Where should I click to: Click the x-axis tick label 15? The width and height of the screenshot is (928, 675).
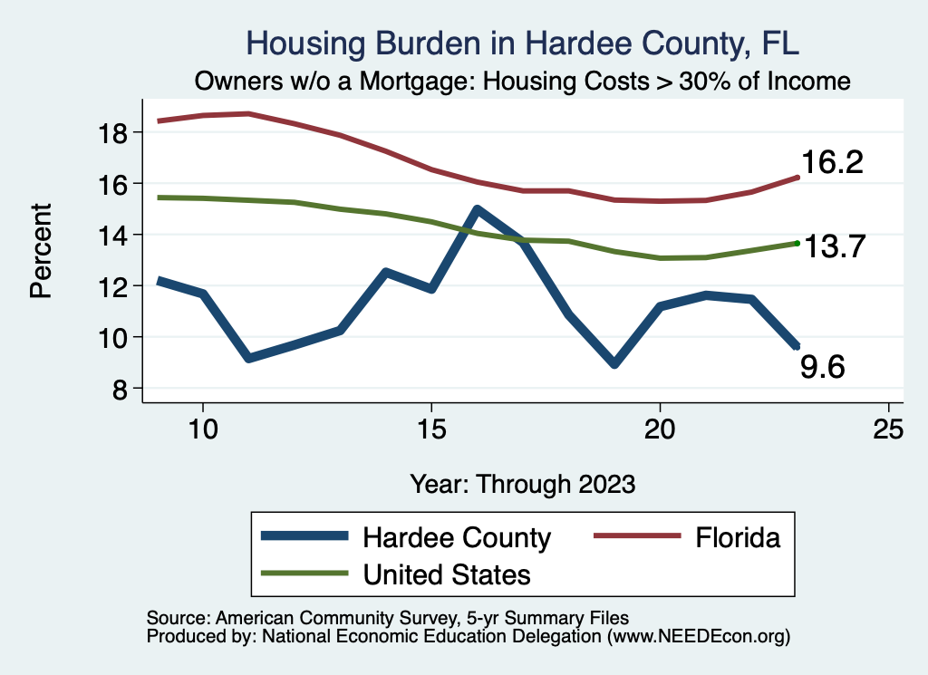431,429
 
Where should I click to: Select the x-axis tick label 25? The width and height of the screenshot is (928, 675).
888,429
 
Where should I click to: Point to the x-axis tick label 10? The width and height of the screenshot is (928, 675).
203,429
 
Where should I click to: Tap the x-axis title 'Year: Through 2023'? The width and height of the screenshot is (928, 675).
522,483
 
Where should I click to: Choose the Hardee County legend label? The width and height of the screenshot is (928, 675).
457,537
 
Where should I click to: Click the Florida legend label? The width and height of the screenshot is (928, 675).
738,537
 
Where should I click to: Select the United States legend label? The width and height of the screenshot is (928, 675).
447,574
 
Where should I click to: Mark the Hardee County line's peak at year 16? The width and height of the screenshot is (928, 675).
477,209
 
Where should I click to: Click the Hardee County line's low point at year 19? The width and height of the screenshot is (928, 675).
614,363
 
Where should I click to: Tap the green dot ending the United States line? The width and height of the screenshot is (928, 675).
797,243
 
